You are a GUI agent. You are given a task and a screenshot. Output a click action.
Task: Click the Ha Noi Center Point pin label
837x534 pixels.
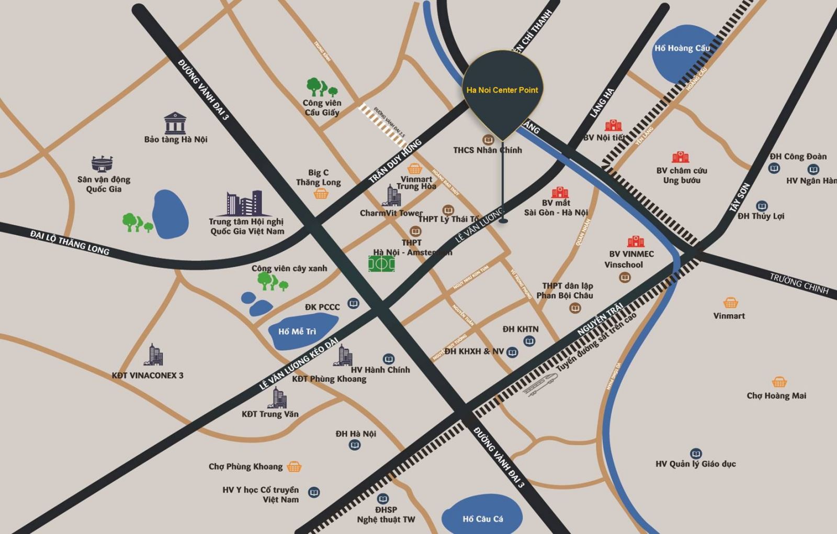502,90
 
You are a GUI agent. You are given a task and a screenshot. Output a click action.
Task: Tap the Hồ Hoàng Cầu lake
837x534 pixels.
680,52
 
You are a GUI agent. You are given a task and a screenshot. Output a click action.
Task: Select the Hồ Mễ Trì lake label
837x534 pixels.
297,331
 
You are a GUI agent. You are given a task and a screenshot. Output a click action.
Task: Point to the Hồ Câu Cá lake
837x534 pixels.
482,518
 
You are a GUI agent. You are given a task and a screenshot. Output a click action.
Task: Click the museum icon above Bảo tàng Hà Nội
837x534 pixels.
175,123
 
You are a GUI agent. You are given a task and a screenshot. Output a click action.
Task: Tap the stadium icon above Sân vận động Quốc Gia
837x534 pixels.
102,163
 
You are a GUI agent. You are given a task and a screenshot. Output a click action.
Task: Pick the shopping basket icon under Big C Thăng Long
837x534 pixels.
321,194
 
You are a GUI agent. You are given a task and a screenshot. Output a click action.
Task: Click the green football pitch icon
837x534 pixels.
381,263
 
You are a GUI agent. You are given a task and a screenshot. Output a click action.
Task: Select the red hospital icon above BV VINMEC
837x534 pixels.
636,241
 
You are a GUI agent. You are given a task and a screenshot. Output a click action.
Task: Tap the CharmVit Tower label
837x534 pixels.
391,213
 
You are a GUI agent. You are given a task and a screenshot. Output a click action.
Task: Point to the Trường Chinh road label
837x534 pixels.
799,283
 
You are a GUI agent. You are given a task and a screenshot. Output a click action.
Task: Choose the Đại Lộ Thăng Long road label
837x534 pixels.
70,242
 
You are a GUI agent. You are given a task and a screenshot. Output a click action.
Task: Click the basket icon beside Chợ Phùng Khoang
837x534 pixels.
294,466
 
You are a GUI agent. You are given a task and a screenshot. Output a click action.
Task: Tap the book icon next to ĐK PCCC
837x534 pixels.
354,304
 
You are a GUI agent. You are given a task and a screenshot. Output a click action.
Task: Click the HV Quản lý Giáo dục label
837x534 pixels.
695,464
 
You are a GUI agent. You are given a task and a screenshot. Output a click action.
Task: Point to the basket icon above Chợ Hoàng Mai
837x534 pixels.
779,382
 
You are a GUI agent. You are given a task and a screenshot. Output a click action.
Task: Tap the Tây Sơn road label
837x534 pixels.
740,197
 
